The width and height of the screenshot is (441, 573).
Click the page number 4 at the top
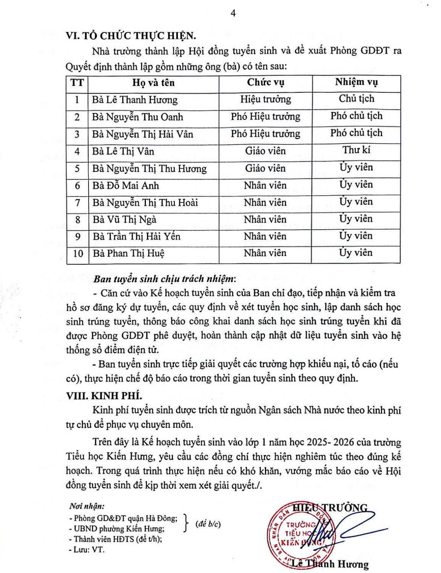pyautogui.click(x=233, y=13)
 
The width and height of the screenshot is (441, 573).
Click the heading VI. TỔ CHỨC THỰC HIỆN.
pyautogui.click(x=131, y=36)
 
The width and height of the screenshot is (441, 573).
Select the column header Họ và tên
pyautogui.click(x=153, y=83)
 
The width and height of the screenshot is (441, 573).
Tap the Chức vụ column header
pyautogui.click(x=265, y=83)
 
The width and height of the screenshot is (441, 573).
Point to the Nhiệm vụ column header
pyautogui.click(x=356, y=82)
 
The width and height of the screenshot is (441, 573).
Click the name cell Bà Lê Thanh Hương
pyautogui.click(x=134, y=100)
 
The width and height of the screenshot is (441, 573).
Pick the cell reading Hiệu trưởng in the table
pyautogui.click(x=265, y=100)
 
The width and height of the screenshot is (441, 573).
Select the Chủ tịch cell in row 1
pyautogui.click(x=356, y=99)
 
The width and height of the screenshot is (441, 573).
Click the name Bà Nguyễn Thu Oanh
pyautogui.click(x=137, y=117)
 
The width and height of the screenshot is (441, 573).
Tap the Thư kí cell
pyautogui.click(x=356, y=150)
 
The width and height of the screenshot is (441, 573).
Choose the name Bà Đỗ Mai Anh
pyautogui.click(x=126, y=186)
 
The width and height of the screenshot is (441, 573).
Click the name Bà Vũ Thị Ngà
pyautogui.click(x=124, y=220)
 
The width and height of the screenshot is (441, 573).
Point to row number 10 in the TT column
pyautogui.click(x=78, y=254)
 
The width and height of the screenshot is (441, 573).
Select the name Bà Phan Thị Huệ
pyautogui.click(x=128, y=254)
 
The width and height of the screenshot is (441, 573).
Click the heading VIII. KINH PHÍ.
pyautogui.click(x=104, y=396)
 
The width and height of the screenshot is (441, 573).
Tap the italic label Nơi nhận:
pyautogui.click(x=87, y=507)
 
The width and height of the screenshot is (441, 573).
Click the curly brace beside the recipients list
pyautogui.click(x=186, y=523)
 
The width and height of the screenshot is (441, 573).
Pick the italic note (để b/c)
pyautogui.click(x=208, y=524)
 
